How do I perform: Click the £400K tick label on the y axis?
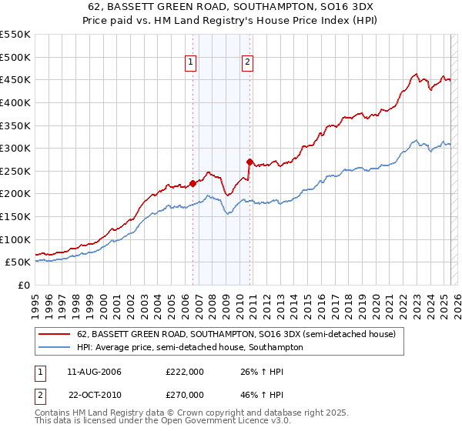click(x=15, y=102)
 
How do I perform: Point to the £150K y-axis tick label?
click(x=15, y=216)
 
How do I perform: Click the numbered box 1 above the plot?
click(x=190, y=64)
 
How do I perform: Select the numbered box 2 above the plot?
click(x=247, y=64)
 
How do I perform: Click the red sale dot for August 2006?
click(x=192, y=183)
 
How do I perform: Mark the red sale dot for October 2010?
click(x=249, y=162)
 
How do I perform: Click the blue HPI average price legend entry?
click(x=189, y=347)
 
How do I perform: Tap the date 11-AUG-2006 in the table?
click(x=95, y=373)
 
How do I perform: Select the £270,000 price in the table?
click(x=184, y=394)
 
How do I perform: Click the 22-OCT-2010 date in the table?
click(x=95, y=394)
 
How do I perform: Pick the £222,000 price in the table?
click(x=184, y=373)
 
